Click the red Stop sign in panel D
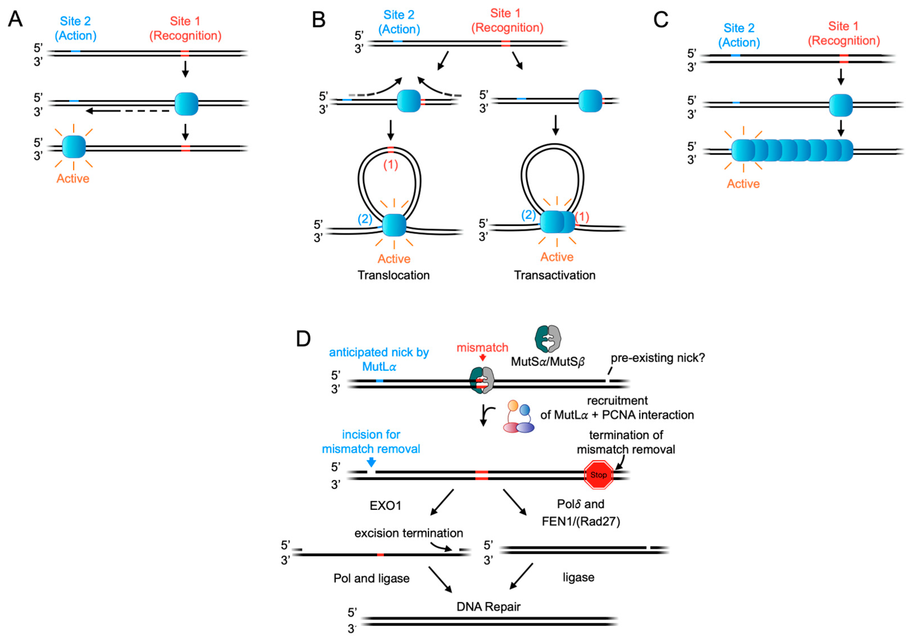tap(598, 475)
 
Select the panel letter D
tap(303, 339)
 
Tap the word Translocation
tap(393, 275)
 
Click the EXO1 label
tap(385, 506)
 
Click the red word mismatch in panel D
tap(482, 348)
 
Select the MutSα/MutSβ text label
tap(548, 361)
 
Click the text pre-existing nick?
tap(657, 358)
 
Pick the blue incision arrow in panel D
tap(371, 462)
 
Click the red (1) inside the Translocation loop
tap(391, 165)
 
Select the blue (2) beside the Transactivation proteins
tap(528, 215)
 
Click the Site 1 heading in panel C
tap(843, 26)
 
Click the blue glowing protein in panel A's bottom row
tap(74, 147)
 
